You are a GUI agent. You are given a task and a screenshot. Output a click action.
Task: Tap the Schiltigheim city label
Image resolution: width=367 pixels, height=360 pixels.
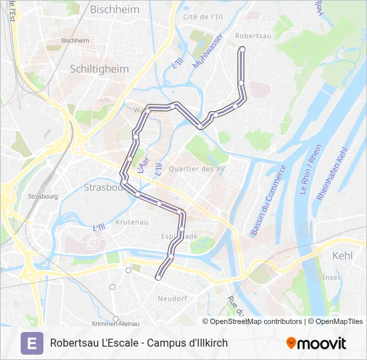pos(99,68)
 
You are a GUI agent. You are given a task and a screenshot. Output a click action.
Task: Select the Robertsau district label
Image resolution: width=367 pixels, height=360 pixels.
pos(253,37)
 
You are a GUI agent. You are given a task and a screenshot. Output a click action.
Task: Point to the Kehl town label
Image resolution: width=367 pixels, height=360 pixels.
pos(342,255)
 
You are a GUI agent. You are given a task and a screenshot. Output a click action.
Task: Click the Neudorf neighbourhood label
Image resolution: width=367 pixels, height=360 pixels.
pos(172,299)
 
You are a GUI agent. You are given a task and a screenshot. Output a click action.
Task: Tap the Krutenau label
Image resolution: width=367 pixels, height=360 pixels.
pos(131,221)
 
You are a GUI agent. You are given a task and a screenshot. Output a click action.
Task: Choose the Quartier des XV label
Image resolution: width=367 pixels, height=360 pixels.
pos(197,169)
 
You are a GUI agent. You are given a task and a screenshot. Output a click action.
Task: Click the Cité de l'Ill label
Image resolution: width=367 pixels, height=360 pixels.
pos(203,16)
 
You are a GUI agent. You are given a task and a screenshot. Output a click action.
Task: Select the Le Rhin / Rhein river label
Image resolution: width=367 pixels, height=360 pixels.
pos(311,171)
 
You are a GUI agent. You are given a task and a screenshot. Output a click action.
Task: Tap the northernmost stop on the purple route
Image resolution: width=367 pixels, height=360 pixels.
pos(242,49)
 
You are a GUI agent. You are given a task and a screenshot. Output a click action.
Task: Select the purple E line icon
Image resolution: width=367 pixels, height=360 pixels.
pos(31,343)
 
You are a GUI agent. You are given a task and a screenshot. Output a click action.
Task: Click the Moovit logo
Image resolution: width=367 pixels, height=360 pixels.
pos(316,343)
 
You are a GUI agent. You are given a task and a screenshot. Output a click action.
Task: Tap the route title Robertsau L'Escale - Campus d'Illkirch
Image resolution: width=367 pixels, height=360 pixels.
pos(139,343)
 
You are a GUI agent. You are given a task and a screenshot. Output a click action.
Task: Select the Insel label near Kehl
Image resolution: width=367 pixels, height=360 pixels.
pos(331,277)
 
